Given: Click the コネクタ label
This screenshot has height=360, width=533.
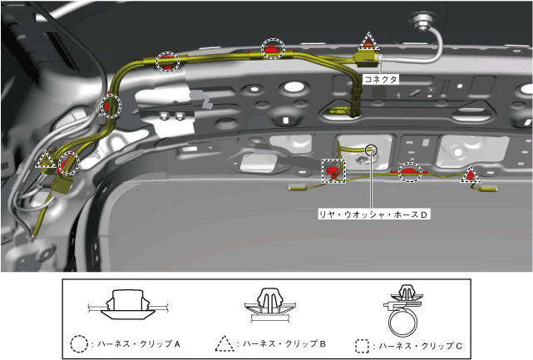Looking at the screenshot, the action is click(380, 79).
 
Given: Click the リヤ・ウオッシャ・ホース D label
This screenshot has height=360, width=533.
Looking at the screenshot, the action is click(374, 214).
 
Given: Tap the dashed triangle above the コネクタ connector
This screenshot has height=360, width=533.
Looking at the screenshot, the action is click(367, 42).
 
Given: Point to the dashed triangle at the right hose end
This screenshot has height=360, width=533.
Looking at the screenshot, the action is click(471, 175).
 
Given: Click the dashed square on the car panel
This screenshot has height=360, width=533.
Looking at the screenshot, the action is click(333, 170).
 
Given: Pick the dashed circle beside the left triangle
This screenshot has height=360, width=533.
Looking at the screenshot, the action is click(69, 163).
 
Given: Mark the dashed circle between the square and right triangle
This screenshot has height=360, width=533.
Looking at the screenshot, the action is click(409, 172).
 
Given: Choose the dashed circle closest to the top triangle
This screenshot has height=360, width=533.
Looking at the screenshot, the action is click(273, 48).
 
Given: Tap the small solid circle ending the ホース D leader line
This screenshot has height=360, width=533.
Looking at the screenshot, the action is click(371, 150).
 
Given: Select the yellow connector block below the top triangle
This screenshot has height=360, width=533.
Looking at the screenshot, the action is click(366, 57).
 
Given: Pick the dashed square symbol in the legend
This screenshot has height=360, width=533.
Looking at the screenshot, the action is click(362, 343).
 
